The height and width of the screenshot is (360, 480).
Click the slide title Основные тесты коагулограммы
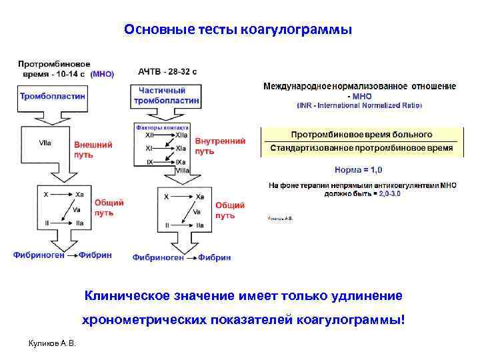(x=237, y=31)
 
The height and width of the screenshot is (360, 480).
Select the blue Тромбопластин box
(x=53, y=97)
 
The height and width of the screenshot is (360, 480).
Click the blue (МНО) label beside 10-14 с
(x=102, y=75)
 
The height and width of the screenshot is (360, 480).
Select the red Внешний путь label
(x=92, y=149)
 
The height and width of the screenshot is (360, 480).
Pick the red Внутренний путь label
(x=220, y=146)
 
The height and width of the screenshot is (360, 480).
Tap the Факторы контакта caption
(x=163, y=127)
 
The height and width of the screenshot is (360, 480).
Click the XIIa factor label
(x=181, y=135)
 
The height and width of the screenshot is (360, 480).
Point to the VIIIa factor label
(x=182, y=171)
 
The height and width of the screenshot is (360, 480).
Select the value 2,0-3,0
(x=389, y=193)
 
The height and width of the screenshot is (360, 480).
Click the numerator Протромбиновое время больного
(x=361, y=135)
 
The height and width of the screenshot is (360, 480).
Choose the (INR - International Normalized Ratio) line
(x=359, y=105)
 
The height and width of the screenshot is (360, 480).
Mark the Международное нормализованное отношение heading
(x=359, y=87)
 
